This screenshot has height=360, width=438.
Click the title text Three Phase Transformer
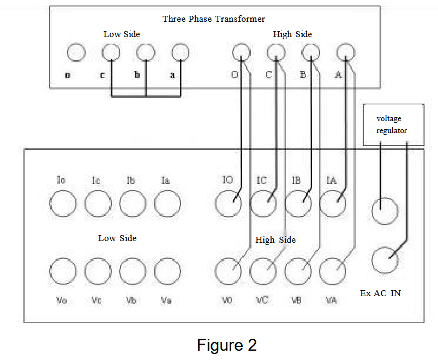click(213, 19)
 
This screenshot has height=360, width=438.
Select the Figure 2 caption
click(226, 345)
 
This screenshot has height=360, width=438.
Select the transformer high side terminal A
click(345, 52)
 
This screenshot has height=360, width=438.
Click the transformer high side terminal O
click(241, 52)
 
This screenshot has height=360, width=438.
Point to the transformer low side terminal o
click(76, 52)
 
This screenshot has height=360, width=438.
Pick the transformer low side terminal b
click(146, 52)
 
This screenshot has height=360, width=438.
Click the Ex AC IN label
click(380, 293)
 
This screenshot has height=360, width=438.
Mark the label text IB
click(296, 180)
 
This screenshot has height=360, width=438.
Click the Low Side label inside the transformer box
click(122, 34)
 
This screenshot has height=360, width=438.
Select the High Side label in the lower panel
click(275, 240)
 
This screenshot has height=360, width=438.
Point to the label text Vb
click(131, 300)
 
